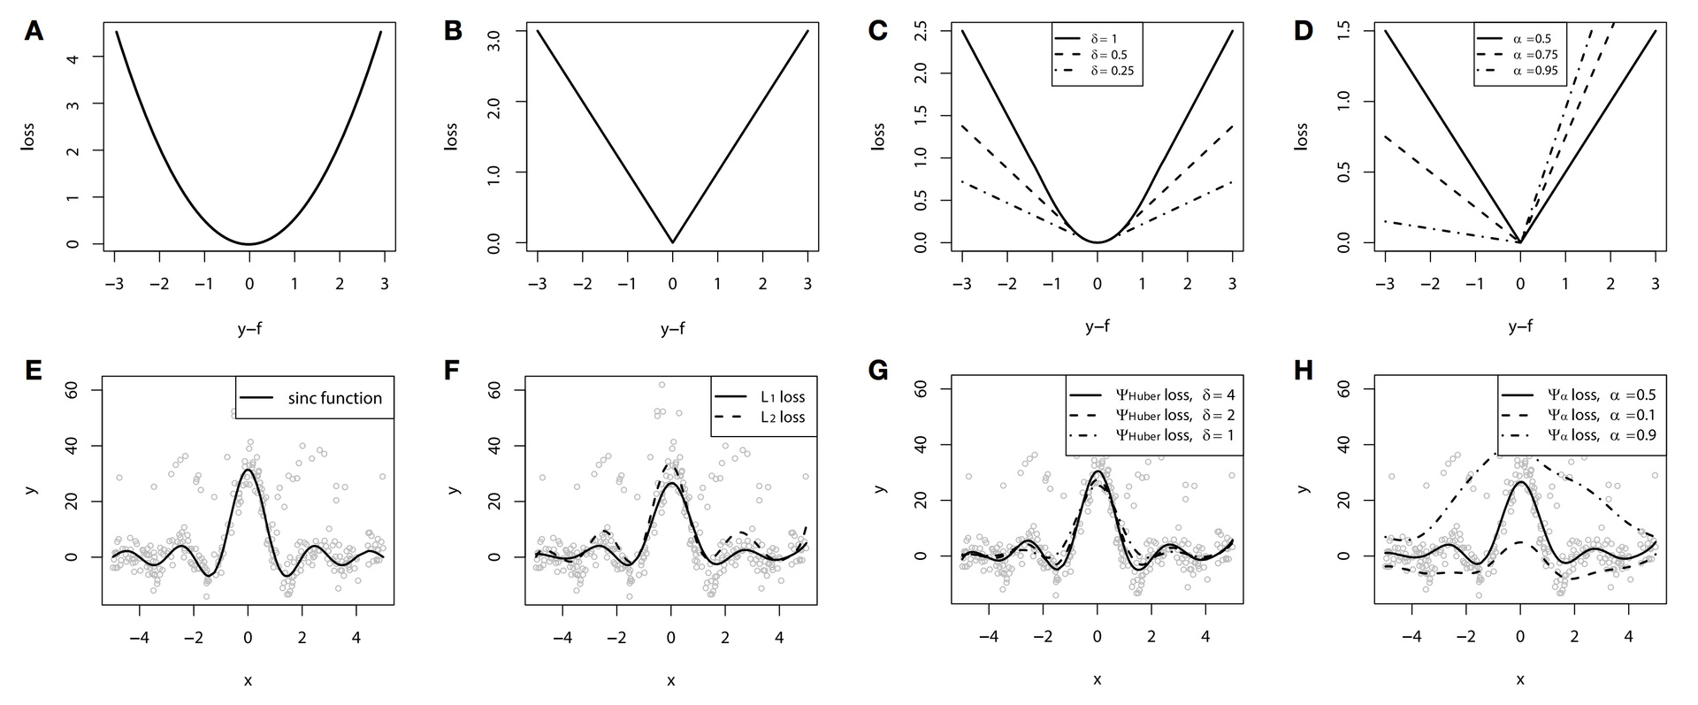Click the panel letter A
(x=34, y=32)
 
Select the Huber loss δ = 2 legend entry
(x=1153, y=416)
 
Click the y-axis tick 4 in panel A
(x=96, y=58)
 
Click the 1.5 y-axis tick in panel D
(x=1343, y=31)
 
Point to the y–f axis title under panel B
(x=672, y=329)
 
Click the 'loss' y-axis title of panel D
(x=1301, y=136)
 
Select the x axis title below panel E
(x=248, y=679)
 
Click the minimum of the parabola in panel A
(x=249, y=244)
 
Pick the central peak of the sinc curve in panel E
(x=248, y=470)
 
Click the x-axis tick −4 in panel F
(x=563, y=637)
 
